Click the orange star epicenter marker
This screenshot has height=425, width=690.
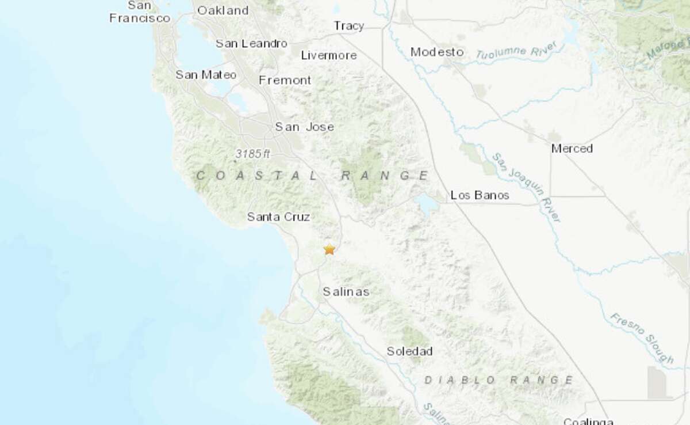tap(329, 249)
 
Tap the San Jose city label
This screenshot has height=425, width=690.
tap(304, 127)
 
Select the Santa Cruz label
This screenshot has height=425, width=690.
tap(278, 217)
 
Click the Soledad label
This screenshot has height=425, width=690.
tap(409, 351)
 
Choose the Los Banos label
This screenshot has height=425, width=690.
tap(480, 195)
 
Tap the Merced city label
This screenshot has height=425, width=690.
tap(572, 149)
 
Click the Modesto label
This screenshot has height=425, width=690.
tap(437, 52)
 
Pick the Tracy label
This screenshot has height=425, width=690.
tap(349, 26)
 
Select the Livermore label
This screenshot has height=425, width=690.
tap(329, 55)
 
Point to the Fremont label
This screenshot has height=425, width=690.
tap(285, 81)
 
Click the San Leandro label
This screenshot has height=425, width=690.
tap(251, 44)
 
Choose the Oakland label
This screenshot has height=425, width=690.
tap(223, 10)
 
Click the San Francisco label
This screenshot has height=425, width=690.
tap(140, 12)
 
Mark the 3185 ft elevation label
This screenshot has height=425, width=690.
tap(252, 154)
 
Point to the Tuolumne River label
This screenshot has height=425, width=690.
tap(513, 52)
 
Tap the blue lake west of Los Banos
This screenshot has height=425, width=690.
tap(428, 203)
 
